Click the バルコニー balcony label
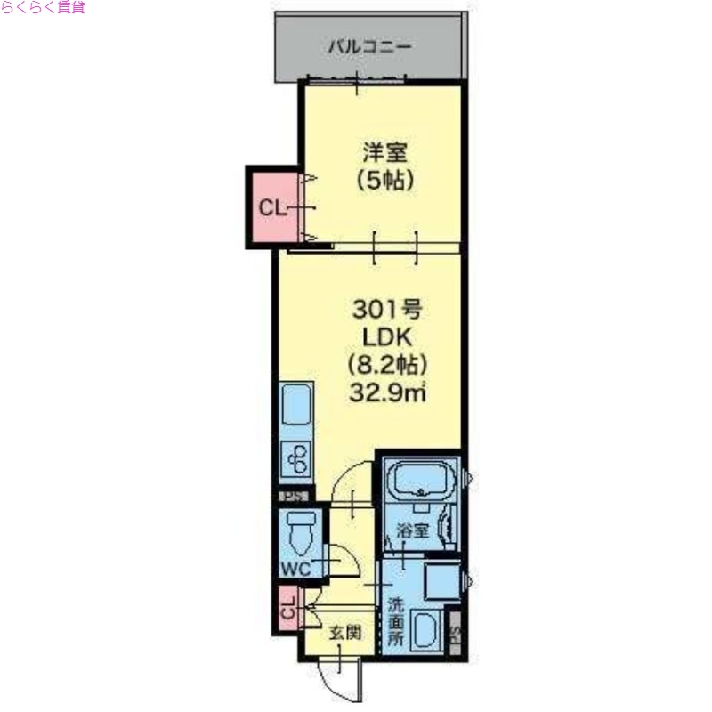pos(368,45)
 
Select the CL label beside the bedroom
pos(271,208)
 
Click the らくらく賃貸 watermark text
pos(43,8)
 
